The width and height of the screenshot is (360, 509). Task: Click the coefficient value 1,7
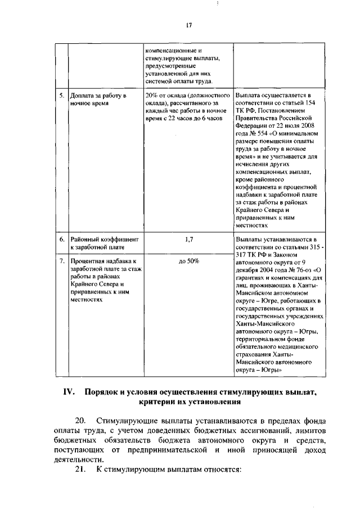click(189, 239)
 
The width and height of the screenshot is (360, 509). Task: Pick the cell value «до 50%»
click(189, 262)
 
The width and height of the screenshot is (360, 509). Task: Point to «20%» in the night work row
click(151, 96)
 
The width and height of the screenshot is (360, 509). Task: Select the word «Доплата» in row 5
click(82, 96)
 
